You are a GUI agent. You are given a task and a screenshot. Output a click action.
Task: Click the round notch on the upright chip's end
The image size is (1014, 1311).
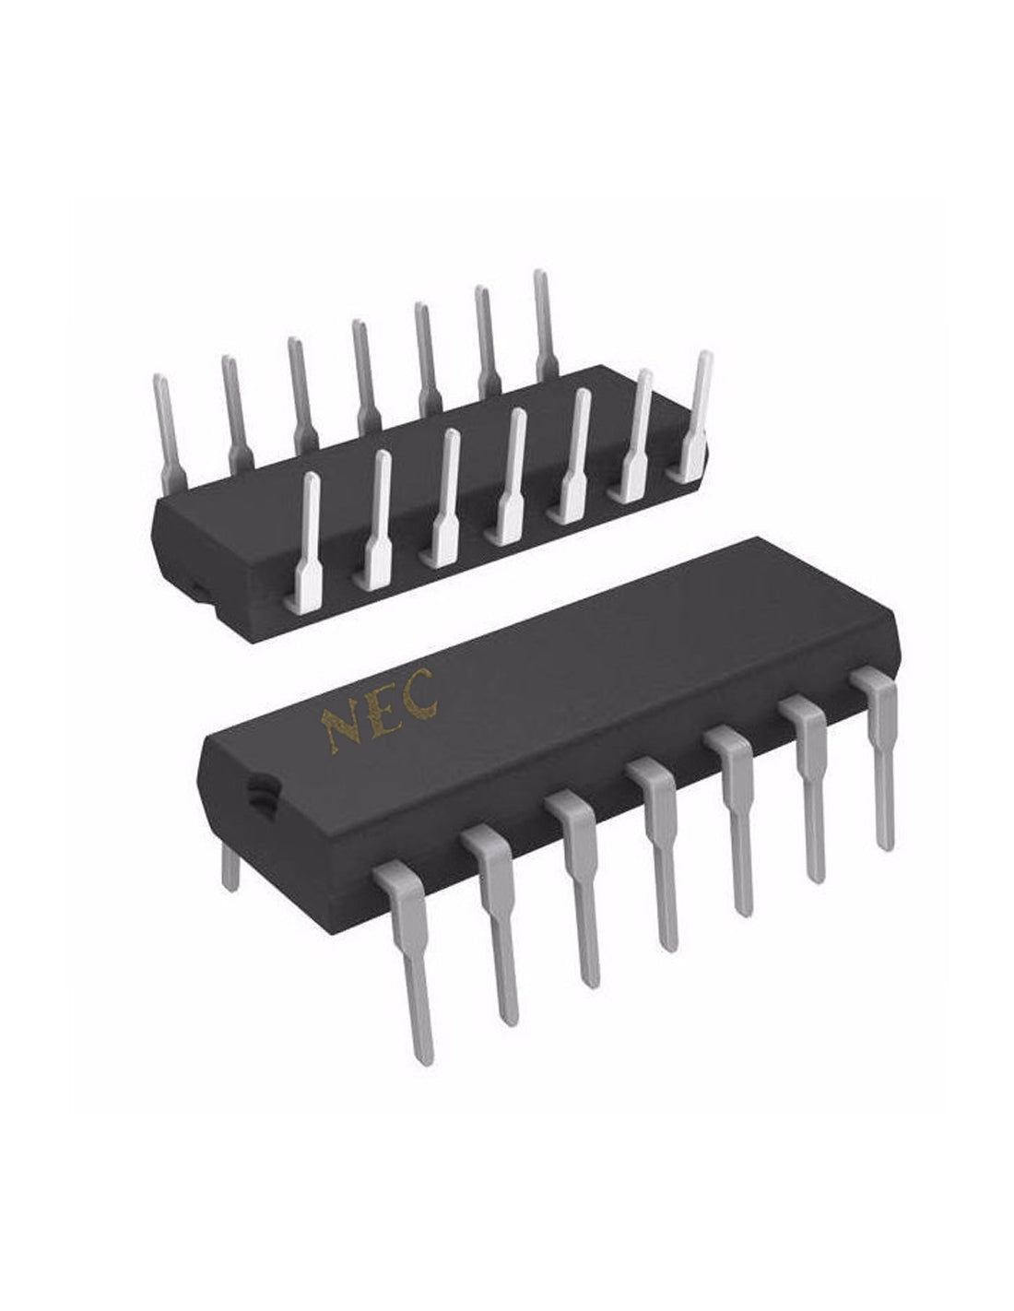(260, 790)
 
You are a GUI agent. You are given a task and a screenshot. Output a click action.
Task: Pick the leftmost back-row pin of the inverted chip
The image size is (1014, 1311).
(166, 433)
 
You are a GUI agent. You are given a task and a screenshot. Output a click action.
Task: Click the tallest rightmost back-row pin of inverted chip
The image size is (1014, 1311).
(544, 323)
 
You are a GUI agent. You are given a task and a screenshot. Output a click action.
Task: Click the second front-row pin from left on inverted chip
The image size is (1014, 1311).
(377, 521)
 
